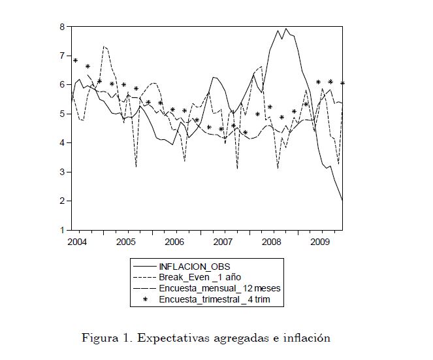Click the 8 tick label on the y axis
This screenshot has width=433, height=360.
tap(63, 27)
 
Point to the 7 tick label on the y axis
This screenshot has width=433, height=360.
tap(63, 56)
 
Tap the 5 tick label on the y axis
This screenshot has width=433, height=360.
tap(63, 114)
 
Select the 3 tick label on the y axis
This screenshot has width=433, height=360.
tap(63, 172)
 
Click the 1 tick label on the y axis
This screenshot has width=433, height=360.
tap(63, 230)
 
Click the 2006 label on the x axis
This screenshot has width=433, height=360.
tap(174, 242)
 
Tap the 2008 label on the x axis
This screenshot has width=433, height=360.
tap(271, 242)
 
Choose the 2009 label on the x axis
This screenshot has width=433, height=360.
tap(319, 242)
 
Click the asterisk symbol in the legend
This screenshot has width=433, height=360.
tap(145, 299)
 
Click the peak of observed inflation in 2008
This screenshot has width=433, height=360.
tap(278, 30)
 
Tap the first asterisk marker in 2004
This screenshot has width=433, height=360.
tap(76, 61)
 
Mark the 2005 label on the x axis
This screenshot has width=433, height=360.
tap(125, 242)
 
